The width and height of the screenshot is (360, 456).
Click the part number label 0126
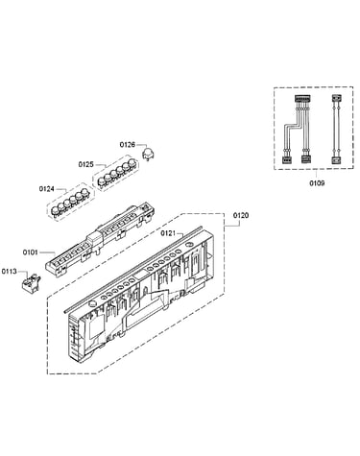tap(128, 145)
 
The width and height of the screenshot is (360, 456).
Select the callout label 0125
tap(85, 164)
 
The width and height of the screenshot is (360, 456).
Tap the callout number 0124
tap(46, 189)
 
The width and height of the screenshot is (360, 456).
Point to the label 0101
tap(30, 252)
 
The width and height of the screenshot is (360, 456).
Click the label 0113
tap(9, 272)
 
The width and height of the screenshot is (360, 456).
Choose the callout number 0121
tap(168, 233)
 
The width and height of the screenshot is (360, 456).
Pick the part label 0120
tap(241, 215)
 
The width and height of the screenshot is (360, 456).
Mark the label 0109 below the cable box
tap(317, 183)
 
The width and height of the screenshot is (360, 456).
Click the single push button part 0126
tap(148, 154)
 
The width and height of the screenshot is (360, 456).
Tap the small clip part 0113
tap(31, 283)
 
